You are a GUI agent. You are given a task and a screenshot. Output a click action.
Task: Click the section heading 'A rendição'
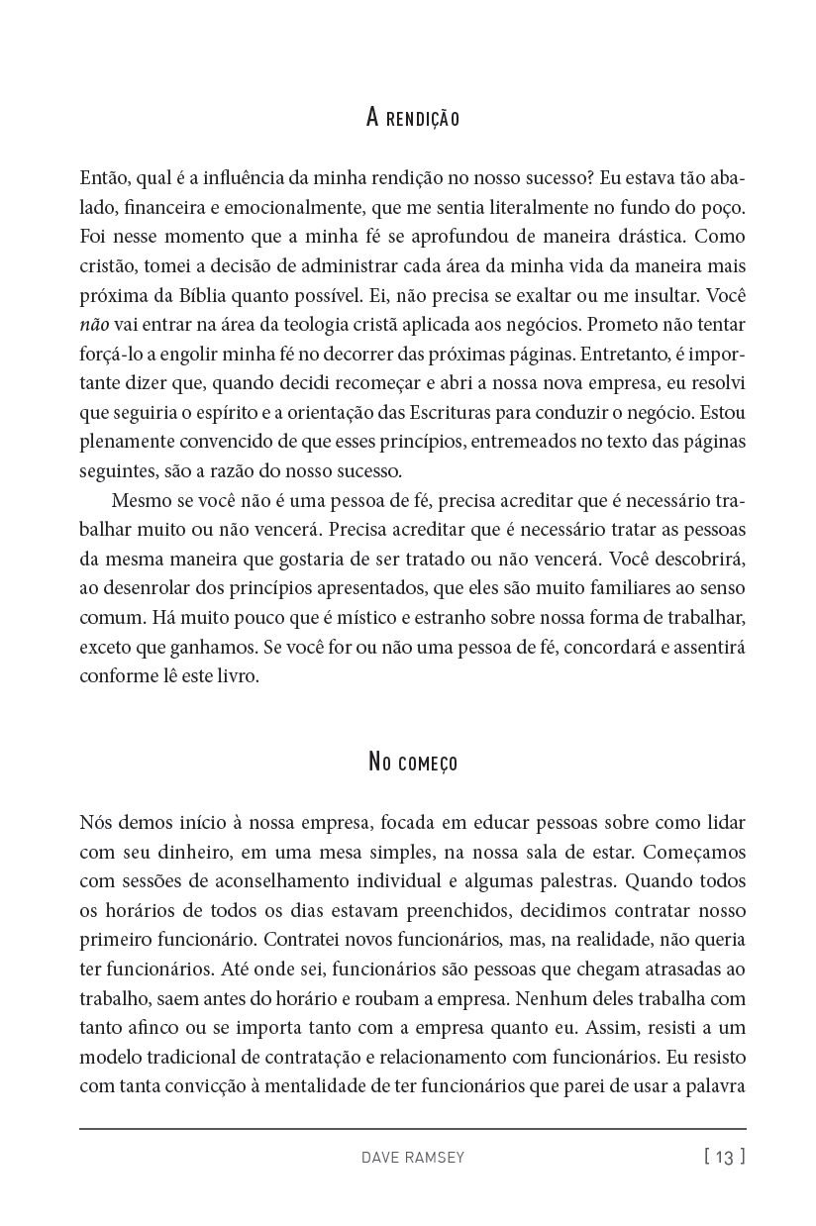pos(412,119)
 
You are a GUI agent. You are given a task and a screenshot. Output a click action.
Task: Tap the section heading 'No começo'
pos(412,763)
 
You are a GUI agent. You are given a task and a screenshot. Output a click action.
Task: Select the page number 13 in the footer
pos(725,1157)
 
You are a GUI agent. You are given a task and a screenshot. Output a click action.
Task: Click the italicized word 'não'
pos(94,325)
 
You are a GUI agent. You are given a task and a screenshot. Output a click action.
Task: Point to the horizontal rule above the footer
pos(412,1129)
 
